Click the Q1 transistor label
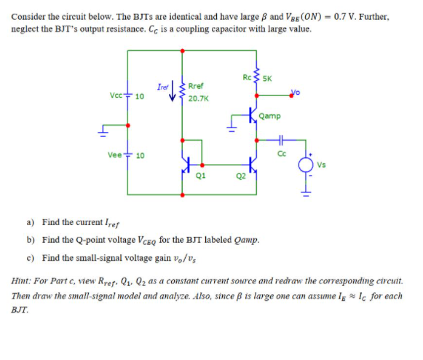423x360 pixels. [x=199, y=174]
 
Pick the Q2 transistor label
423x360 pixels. [x=241, y=176]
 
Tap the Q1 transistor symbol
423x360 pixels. [x=187, y=162]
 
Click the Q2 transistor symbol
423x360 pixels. [x=249, y=162]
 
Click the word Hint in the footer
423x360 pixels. [x=22, y=279]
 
